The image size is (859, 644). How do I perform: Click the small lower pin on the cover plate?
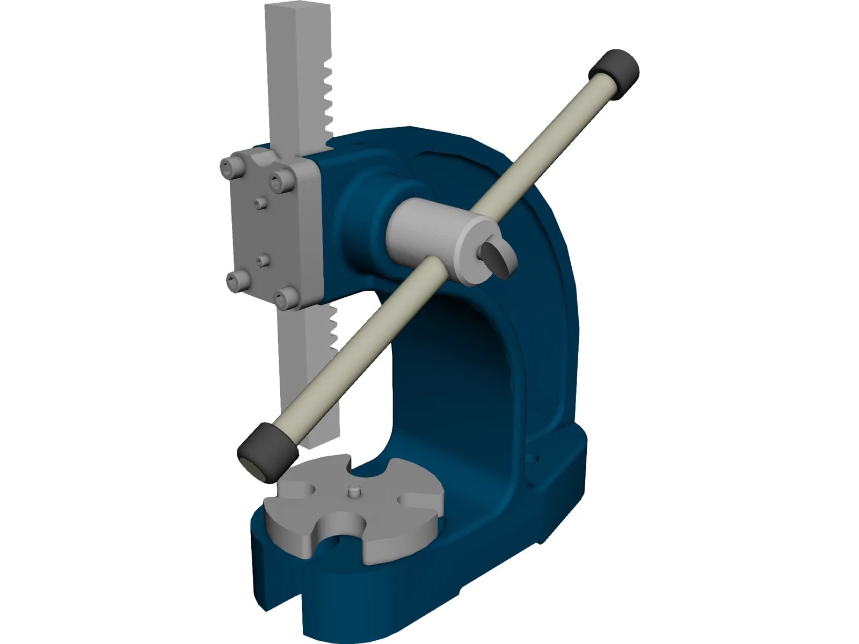click(262, 260)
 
